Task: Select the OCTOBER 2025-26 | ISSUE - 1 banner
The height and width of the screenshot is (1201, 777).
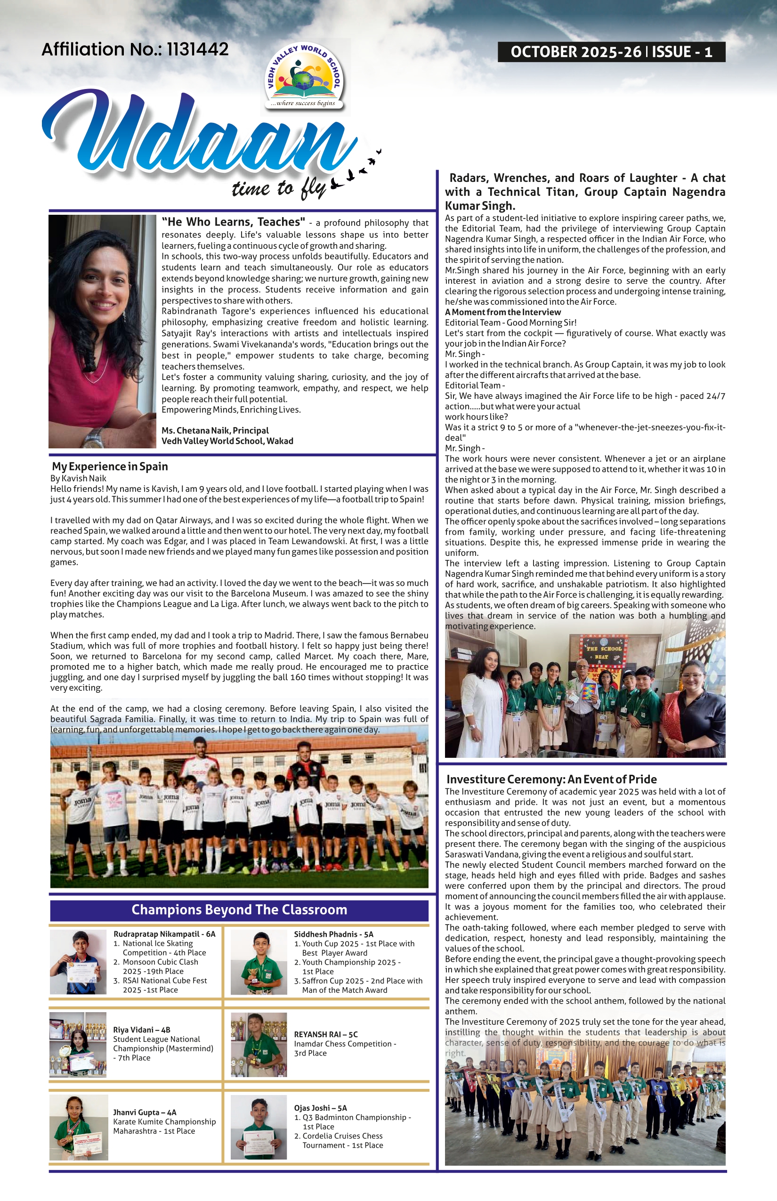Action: [x=611, y=52]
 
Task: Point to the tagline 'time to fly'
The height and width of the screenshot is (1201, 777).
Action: [x=278, y=189]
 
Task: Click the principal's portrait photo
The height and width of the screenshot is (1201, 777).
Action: [x=103, y=332]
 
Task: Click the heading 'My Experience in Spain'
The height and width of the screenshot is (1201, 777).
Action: [x=110, y=466]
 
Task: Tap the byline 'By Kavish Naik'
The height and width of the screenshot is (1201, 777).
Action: [x=78, y=479]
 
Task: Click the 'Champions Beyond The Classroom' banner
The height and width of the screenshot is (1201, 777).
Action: [x=239, y=910]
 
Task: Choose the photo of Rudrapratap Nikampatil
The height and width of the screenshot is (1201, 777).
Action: [x=78, y=962]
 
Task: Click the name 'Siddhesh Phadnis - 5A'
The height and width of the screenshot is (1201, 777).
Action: [x=333, y=934]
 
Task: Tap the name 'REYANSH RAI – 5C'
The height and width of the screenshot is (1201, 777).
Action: [x=326, y=1034]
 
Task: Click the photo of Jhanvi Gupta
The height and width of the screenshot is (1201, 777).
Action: [x=79, y=1128]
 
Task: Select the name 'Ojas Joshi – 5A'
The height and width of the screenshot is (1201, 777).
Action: [x=320, y=1108]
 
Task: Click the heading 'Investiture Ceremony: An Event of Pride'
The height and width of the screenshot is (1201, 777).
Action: [x=551, y=779]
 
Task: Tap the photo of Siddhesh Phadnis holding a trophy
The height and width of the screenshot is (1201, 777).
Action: [x=259, y=962]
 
